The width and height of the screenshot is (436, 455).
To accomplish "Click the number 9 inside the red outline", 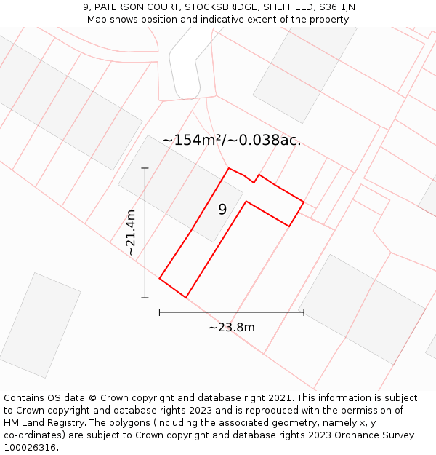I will (x=222, y=210).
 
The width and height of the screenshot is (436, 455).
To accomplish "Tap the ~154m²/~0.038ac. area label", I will (x=231, y=141).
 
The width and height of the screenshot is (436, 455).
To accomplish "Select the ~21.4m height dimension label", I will (x=131, y=232).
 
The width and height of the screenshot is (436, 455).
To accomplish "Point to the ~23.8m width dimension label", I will (x=232, y=328).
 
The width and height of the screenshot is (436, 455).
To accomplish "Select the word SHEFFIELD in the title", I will (x=284, y=7).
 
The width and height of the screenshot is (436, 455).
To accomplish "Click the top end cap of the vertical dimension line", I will (x=145, y=168).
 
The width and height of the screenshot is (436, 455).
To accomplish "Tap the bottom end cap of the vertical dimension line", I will (x=145, y=297).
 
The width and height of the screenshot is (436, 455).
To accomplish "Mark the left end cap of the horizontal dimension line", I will (x=159, y=312).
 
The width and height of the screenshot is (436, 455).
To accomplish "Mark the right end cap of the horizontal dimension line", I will (x=304, y=312).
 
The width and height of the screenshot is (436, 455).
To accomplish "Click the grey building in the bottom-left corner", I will (x=39, y=325).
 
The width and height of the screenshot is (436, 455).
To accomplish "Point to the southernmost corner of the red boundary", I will (x=186, y=297).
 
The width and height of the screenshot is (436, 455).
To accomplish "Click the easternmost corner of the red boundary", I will (x=304, y=202).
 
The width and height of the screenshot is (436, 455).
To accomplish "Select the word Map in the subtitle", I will (x=97, y=20).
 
